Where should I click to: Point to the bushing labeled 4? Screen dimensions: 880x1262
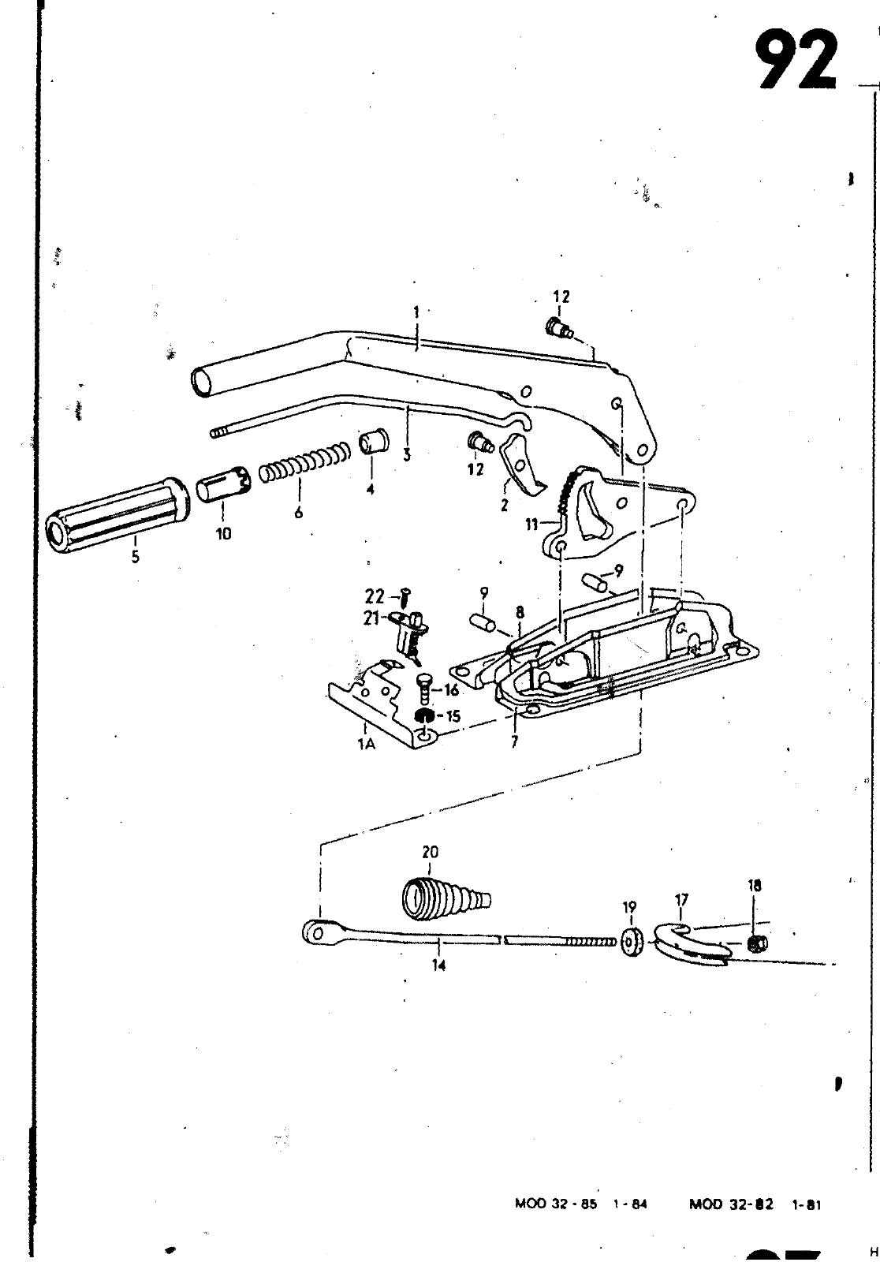[x=372, y=441]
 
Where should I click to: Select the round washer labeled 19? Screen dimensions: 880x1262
[x=631, y=942]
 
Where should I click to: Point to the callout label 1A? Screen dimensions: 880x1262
[x=366, y=744]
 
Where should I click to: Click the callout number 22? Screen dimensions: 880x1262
[x=375, y=596]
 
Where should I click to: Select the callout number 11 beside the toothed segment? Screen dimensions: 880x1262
[x=532, y=525]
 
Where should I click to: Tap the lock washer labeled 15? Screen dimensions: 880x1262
[x=423, y=716]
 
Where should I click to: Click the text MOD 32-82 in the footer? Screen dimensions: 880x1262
[x=731, y=1204]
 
